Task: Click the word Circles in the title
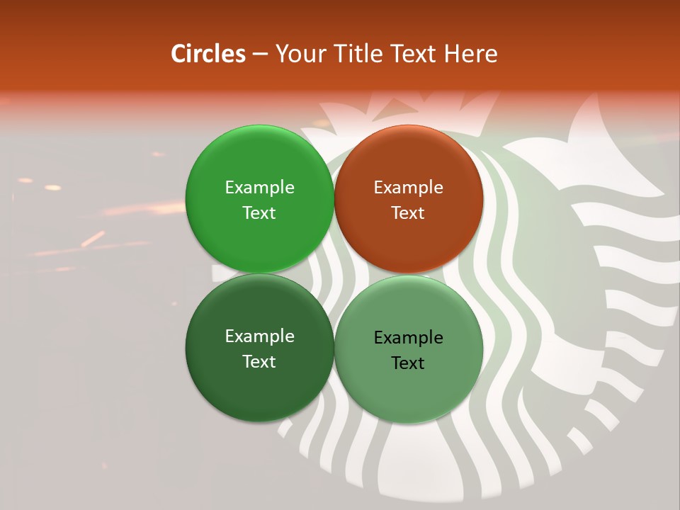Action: coord(208,54)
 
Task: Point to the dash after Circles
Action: coord(260,55)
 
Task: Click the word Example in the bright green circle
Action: coord(259,188)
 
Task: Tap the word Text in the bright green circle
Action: coord(259,213)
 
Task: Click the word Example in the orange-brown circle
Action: coord(408,188)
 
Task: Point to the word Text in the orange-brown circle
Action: coord(408,213)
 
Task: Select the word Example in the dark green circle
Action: coord(259,336)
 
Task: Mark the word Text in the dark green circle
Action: coord(259,362)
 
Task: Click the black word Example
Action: coord(408,338)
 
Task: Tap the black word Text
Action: coord(408,363)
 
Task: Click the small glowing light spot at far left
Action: coord(52,188)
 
